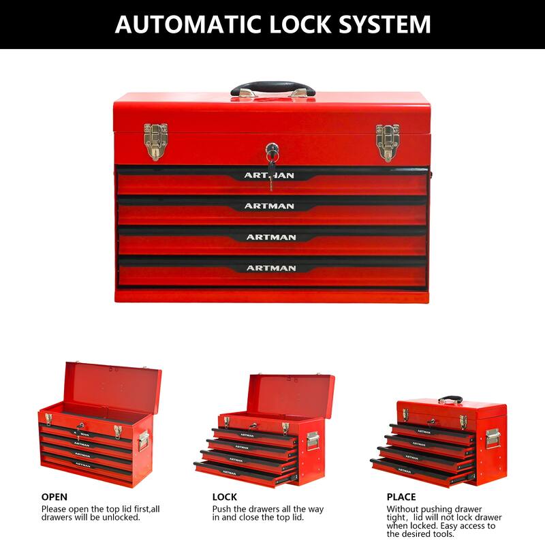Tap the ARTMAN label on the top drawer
pyautogui.click(x=270, y=176)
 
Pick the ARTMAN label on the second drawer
pyautogui.click(x=270, y=206)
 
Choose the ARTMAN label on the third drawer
pyautogui.click(x=270, y=237)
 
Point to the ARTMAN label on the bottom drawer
pyautogui.click(x=270, y=268)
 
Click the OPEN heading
pyautogui.click(x=54, y=497)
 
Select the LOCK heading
pyautogui.click(x=225, y=497)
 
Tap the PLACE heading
pyautogui.click(x=401, y=497)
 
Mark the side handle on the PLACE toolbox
pyautogui.click(x=493, y=438)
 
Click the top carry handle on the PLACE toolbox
pyautogui.click(x=450, y=400)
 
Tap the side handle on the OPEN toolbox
pyautogui.click(x=144, y=440)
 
